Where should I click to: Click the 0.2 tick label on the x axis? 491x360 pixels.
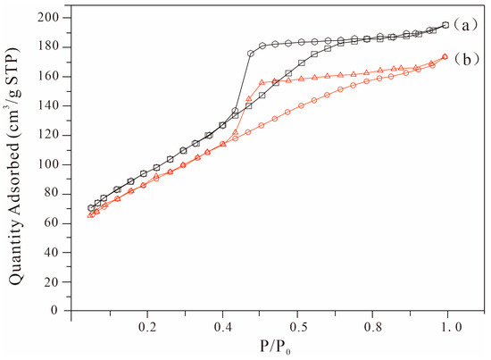pyautogui.click(x=147, y=328)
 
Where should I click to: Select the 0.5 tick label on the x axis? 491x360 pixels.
pyautogui.click(x=298, y=328)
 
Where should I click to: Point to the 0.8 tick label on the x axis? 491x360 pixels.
pyautogui.click(x=373, y=328)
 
